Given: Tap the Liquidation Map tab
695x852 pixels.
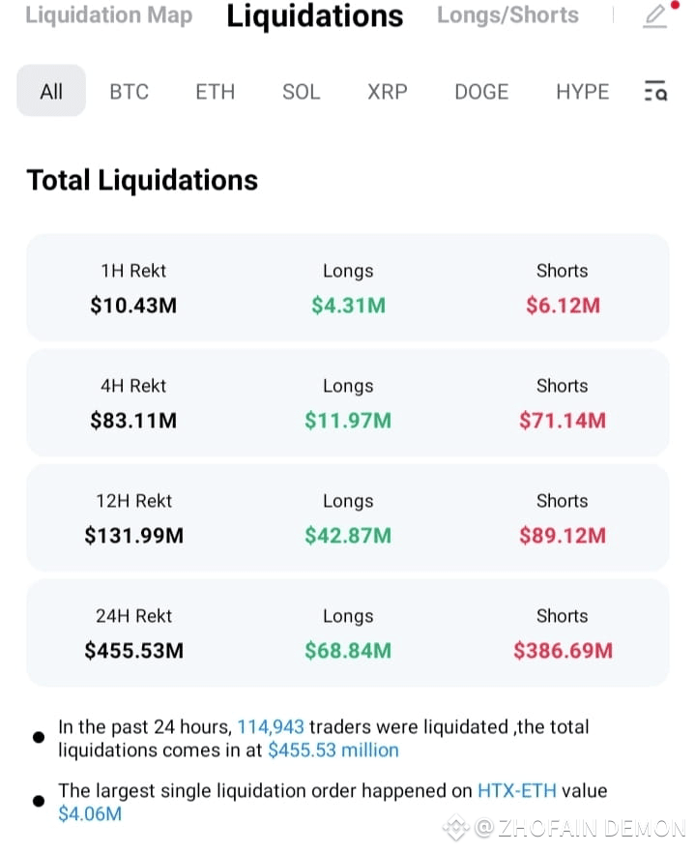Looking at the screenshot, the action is [x=108, y=15].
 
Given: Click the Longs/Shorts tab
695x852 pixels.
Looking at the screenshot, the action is [x=507, y=15].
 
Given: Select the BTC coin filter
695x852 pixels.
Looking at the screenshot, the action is [x=130, y=92].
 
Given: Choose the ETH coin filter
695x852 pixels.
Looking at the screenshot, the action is [x=215, y=92].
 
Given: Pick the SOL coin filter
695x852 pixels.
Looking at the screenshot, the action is [x=302, y=92].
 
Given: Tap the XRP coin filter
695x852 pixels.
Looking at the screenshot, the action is [x=388, y=92].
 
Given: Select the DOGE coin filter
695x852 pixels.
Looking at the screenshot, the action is [x=481, y=92].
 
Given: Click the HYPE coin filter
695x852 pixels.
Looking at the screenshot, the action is [x=583, y=92].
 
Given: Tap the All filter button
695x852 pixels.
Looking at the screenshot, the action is [x=51, y=91].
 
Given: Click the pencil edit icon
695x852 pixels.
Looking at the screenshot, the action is [x=655, y=16].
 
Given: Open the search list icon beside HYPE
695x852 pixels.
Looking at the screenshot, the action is [x=655, y=91].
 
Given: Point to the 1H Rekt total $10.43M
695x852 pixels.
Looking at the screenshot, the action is [x=133, y=306].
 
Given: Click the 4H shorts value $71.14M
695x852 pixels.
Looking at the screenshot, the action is [x=563, y=421].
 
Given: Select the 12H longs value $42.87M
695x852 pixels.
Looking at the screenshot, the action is [x=348, y=536].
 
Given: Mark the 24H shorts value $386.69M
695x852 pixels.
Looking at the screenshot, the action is [x=564, y=651].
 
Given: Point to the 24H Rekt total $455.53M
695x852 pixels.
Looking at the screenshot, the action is [x=134, y=651].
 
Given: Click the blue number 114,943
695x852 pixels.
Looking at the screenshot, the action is [x=271, y=727].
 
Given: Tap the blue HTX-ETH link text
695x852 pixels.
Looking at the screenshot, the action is [x=517, y=791].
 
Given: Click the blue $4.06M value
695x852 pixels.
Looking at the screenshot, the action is [x=90, y=814].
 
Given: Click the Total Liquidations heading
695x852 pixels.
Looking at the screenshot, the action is [x=142, y=181].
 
